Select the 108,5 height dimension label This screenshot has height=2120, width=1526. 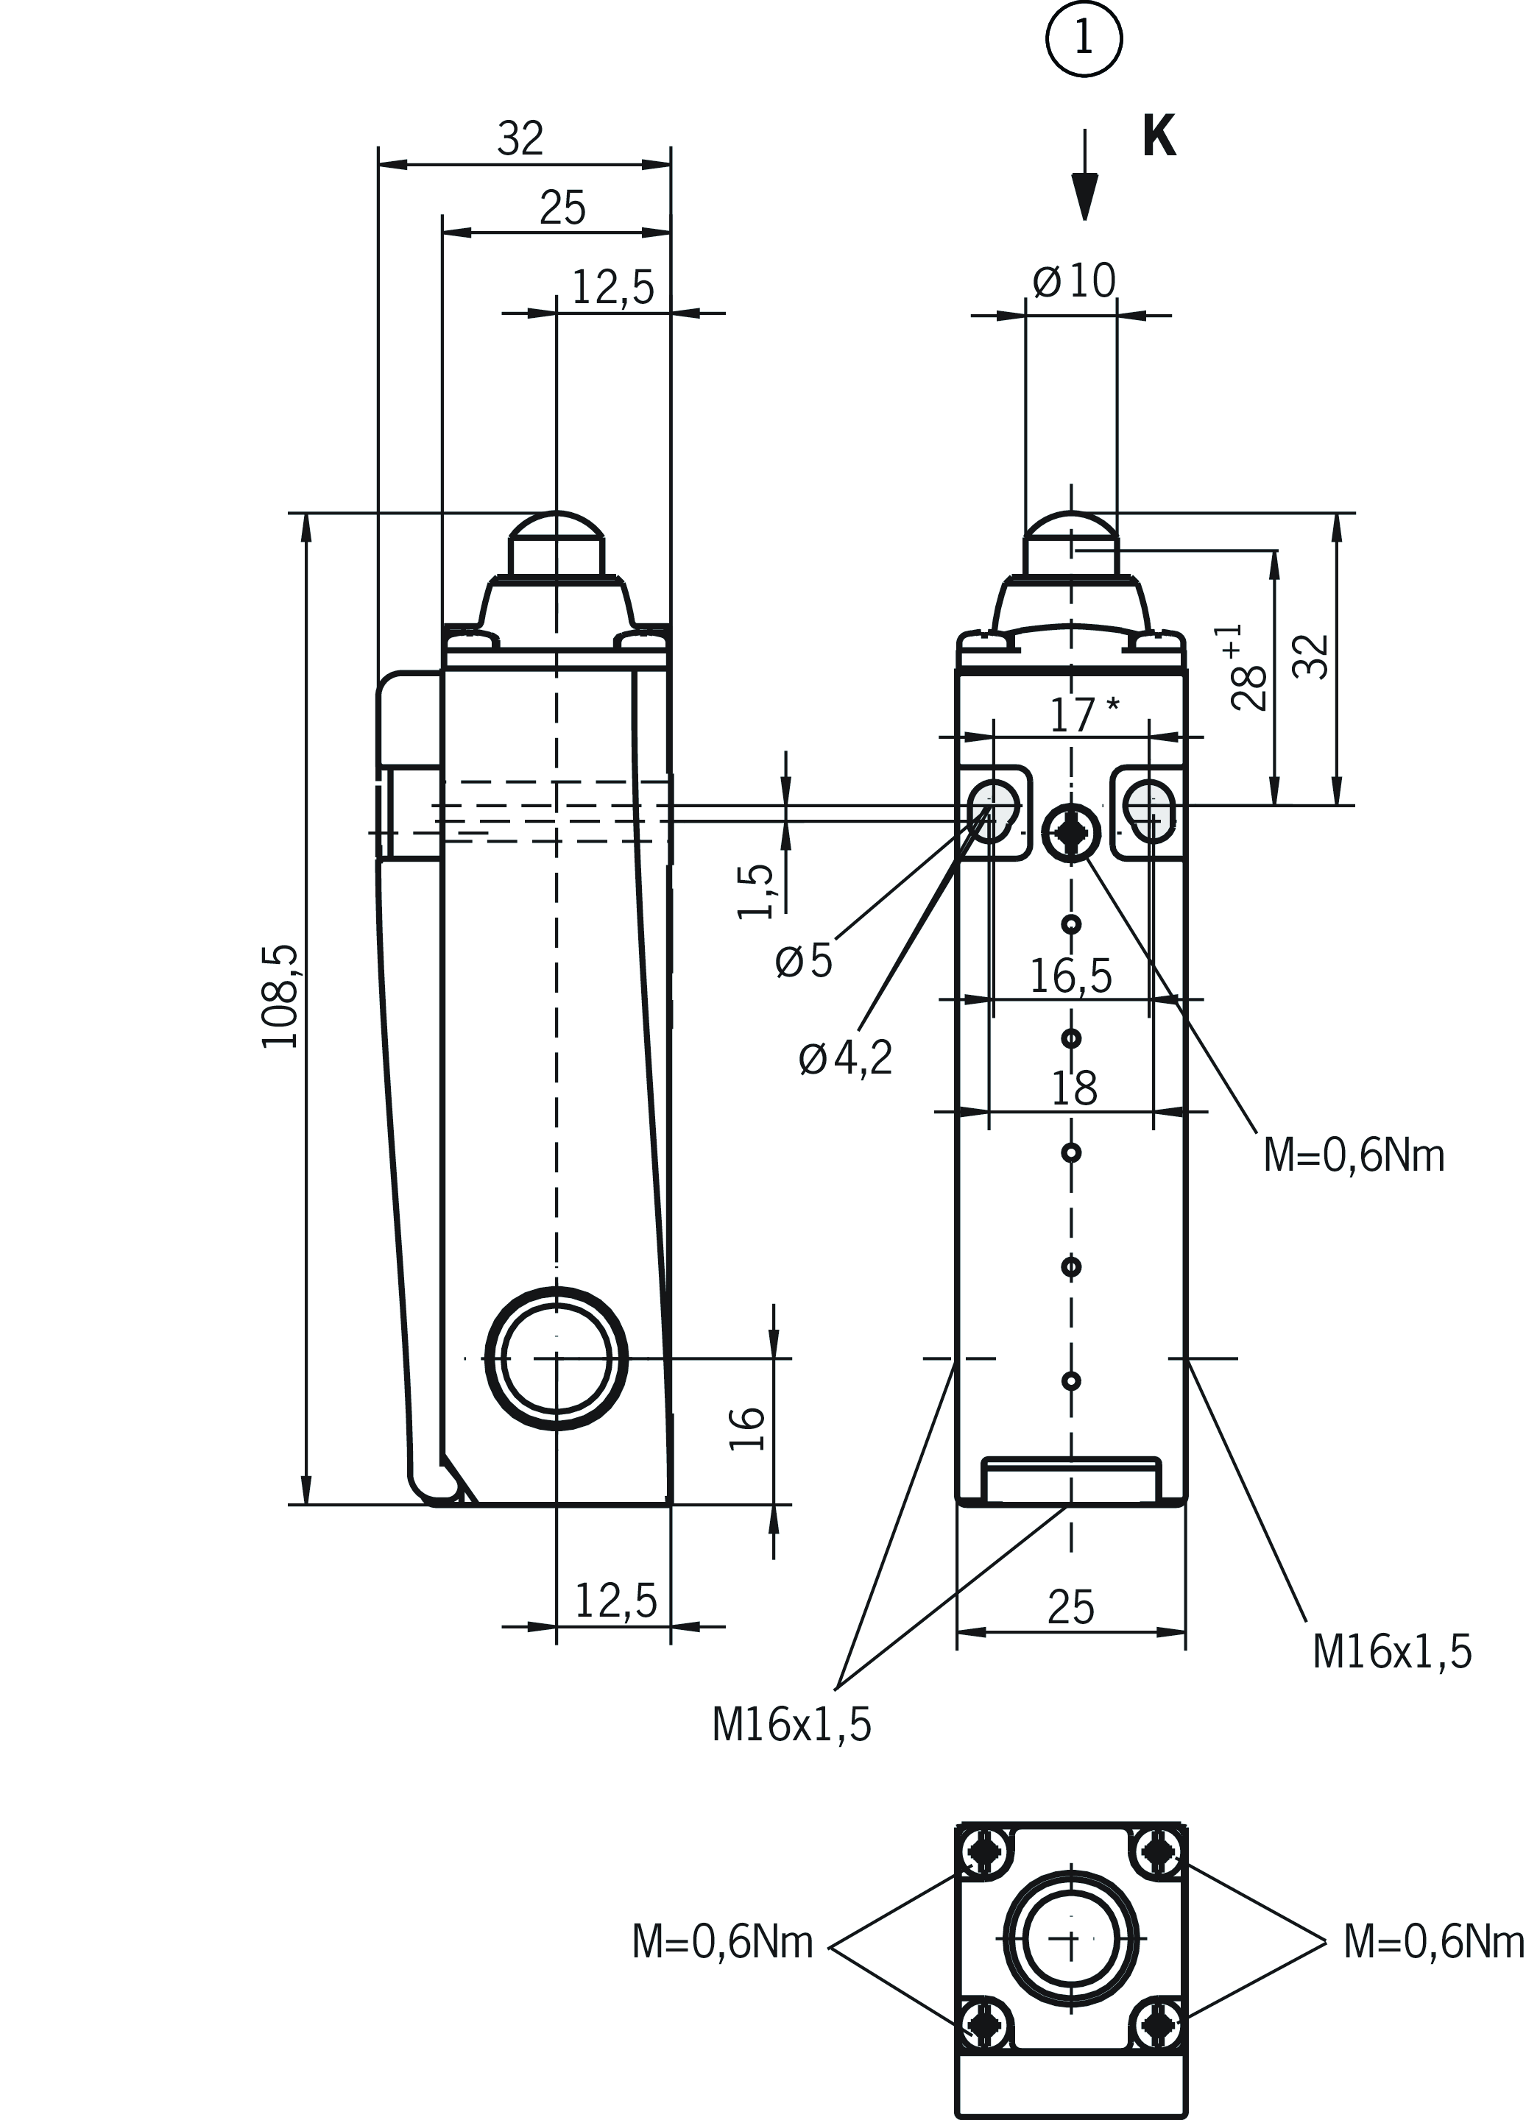tap(279, 996)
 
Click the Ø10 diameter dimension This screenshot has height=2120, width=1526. tap(1075, 280)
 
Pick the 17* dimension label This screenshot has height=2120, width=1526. tap(1084, 715)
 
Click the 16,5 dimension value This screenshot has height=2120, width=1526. tap(1072, 976)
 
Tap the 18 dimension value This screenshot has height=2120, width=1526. tap(1074, 1089)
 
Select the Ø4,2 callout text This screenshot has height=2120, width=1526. tap(847, 1058)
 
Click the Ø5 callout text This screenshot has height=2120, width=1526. tap(804, 961)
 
